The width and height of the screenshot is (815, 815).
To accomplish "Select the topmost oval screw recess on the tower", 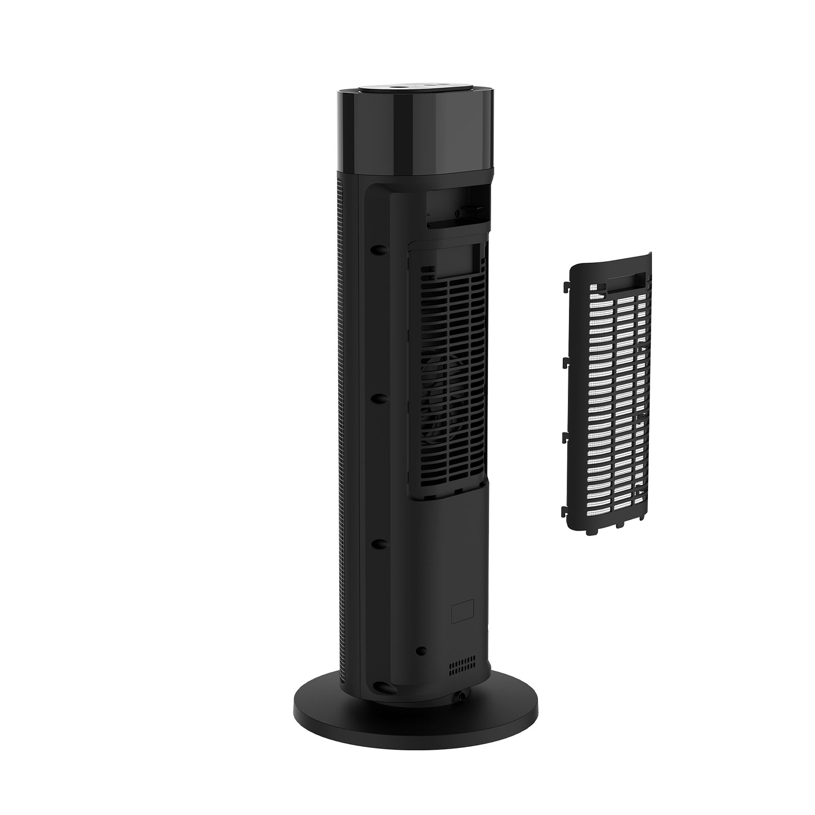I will click(378, 251).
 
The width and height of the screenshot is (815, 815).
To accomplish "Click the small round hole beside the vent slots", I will click(421, 650).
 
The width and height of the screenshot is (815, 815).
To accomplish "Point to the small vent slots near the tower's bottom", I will click(462, 665).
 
